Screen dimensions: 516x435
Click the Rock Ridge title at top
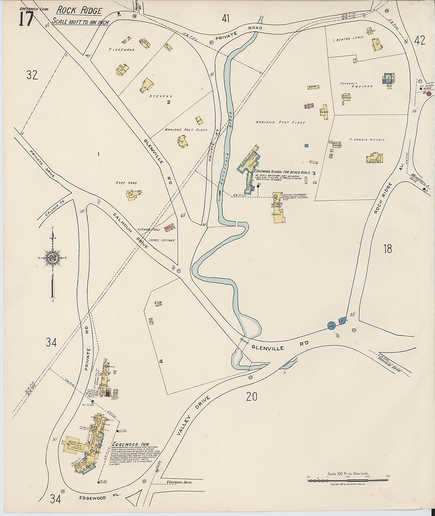coord(79,11)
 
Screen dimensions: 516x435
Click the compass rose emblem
coord(53,258)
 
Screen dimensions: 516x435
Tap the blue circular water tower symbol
coord(331,326)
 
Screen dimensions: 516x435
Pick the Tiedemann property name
coord(122,50)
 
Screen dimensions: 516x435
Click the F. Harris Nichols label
coord(367,140)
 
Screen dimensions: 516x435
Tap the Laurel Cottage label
coord(162,240)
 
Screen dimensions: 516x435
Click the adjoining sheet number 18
coord(388,249)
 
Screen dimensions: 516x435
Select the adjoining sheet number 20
coord(251,396)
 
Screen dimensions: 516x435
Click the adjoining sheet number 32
coord(32,75)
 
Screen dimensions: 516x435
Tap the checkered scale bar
coord(348,481)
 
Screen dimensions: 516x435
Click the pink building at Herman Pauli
coord(170,228)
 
